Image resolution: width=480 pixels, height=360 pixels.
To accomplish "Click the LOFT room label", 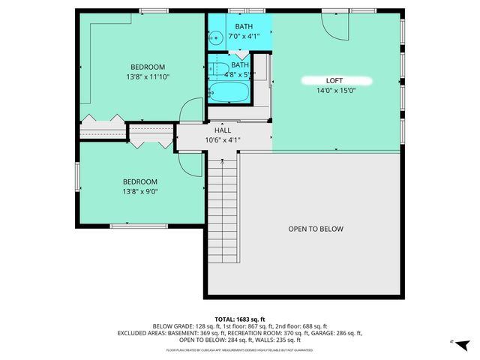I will pos(334,79).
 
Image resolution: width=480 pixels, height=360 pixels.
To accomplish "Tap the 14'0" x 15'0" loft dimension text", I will pos(334,91).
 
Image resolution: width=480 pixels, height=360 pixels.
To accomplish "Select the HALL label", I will pos(223,130).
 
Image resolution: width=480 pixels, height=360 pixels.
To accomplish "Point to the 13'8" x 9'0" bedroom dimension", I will pos(140,192).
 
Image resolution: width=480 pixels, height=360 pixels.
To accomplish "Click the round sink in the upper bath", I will pos(215,34).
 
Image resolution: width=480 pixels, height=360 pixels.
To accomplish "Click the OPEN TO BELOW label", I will pos(316,229).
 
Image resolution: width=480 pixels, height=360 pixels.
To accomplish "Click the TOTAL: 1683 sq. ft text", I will pos(239,318).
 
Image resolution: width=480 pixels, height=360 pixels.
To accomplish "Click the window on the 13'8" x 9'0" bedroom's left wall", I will pos(77,177).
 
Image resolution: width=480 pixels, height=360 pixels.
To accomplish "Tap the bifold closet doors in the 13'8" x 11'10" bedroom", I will pos(103,118).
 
